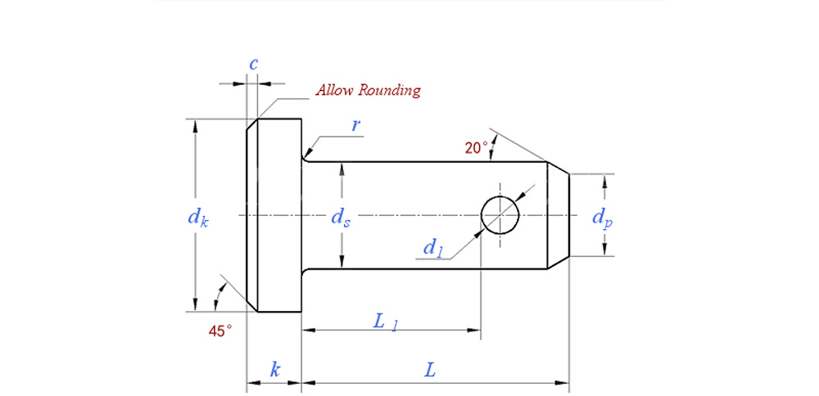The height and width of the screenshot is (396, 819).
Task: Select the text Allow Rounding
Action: [368, 90]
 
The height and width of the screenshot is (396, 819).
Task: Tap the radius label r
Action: [356, 124]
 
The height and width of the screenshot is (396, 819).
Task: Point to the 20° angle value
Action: [475, 148]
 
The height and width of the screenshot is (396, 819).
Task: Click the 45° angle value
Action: [219, 331]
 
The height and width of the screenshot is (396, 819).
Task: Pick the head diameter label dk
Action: [197, 217]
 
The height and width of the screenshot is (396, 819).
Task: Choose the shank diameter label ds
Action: [341, 217]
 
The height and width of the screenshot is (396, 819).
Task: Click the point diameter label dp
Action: [602, 217]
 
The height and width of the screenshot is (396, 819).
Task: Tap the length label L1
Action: [385, 322]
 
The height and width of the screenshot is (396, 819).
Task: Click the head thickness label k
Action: [275, 370]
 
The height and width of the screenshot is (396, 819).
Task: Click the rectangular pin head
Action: [278, 215]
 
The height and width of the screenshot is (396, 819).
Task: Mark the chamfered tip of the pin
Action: [558, 215]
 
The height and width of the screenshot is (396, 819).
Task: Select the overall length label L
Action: [430, 370]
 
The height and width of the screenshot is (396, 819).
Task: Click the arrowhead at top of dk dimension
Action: [195, 125]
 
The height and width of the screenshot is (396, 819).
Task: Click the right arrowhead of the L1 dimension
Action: [474, 331]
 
